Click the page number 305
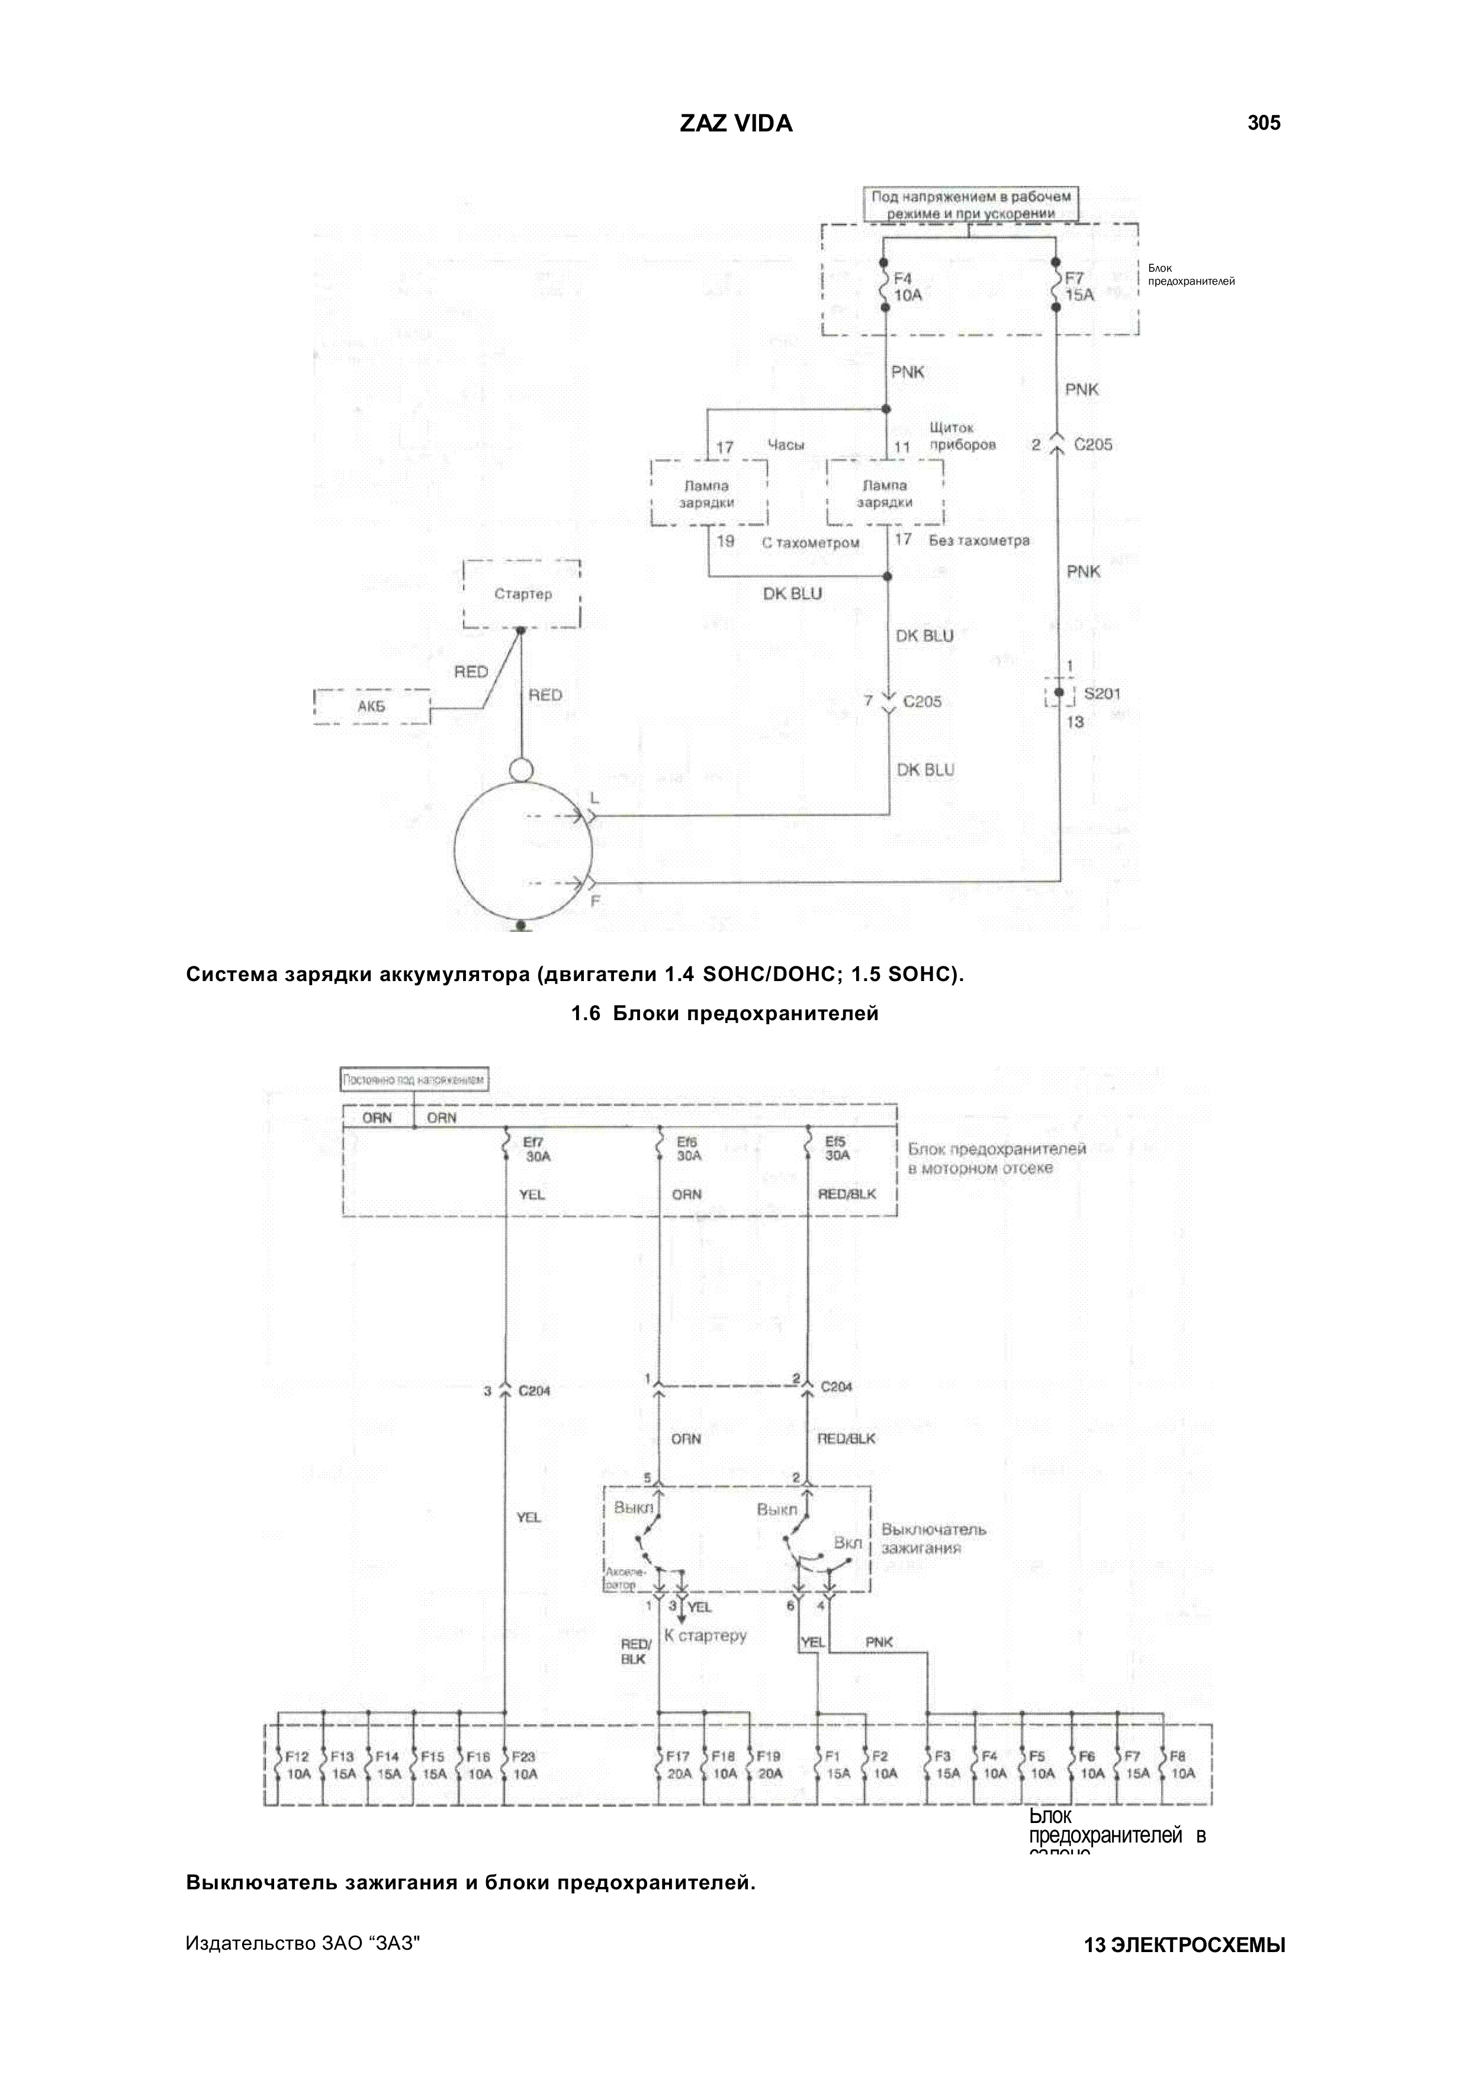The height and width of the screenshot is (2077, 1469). point(1263,123)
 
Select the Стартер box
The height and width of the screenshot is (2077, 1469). point(522,594)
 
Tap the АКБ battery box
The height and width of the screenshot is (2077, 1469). point(372,706)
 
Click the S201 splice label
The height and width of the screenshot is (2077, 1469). point(1102,694)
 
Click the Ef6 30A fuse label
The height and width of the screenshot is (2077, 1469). point(689,1149)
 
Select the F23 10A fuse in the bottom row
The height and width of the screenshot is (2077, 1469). point(524,1765)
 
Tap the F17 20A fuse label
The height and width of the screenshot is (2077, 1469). point(679,1765)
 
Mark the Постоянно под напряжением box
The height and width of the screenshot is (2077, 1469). point(415,1079)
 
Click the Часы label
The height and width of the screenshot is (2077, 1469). point(785,444)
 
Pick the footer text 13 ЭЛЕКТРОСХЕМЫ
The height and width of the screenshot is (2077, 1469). point(1184,1945)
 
